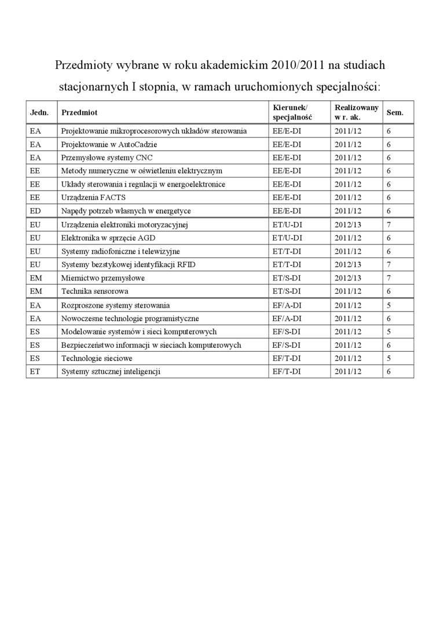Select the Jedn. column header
39,112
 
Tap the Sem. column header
395,112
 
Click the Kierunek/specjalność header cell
292,112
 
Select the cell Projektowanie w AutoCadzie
109,144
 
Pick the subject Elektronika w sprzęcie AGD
108,238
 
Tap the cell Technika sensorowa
95,292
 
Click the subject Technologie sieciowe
97,359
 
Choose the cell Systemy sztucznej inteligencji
111,371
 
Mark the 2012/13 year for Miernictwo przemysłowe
348,278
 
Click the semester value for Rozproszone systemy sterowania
389,305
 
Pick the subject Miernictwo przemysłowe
103,278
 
